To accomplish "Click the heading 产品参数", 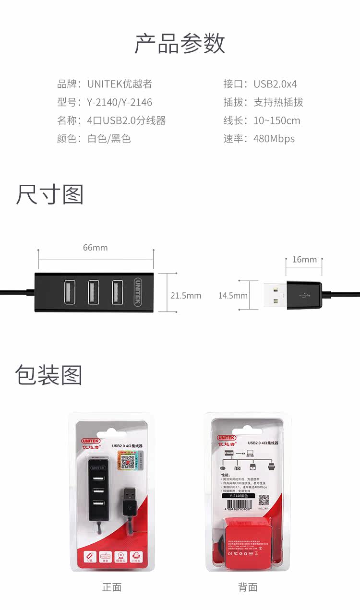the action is pos(180,44).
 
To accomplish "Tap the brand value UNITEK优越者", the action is pos(120,84).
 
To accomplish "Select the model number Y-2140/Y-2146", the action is pos(120,102).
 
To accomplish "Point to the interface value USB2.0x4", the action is pos(275,84).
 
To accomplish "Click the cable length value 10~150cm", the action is pos(277,120).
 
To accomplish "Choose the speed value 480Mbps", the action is pos(274,139).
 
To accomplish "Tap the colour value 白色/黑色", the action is pos(109,139).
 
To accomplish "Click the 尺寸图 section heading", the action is pos(49,194).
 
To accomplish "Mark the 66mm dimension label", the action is pos(96,248).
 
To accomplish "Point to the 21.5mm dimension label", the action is pos(186,296).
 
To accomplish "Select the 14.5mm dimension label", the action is pos(233,296).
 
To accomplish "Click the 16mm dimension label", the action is pos(304,260).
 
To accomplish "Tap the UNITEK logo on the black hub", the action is pos(138,292).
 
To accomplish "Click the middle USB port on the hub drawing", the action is pos(93,292).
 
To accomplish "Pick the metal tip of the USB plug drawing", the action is pos(275,295).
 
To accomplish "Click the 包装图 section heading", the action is pos(48,375).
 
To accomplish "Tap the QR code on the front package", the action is pos(127,462).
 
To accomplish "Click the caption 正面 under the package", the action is pos(112,587).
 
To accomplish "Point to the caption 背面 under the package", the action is pos(248,587).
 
